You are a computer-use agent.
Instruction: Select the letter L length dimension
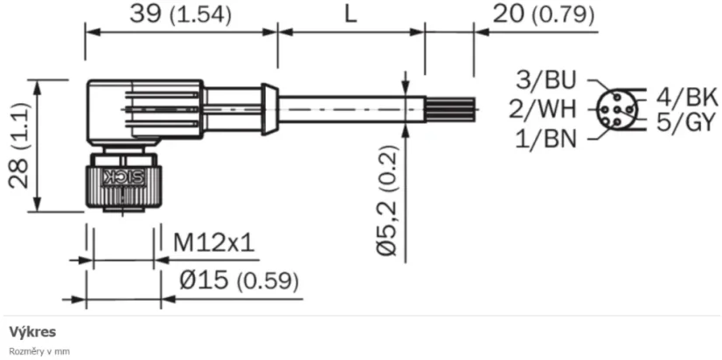351,15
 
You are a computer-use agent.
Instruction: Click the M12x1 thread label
213,242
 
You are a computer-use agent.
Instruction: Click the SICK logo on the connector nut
121,178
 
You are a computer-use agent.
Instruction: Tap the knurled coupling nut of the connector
121,185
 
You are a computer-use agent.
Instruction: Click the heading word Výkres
33,332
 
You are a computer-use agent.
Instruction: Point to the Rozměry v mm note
39,351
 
